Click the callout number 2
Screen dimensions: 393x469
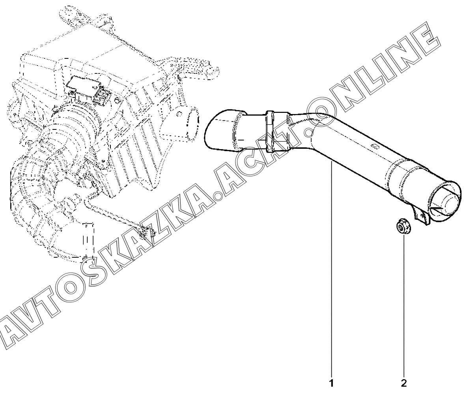click(x=404, y=382)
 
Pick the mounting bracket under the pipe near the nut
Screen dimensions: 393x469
click(x=421, y=215)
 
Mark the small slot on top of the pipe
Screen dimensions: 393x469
click(x=376, y=147)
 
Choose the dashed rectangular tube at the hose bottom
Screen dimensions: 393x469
click(x=88, y=241)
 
